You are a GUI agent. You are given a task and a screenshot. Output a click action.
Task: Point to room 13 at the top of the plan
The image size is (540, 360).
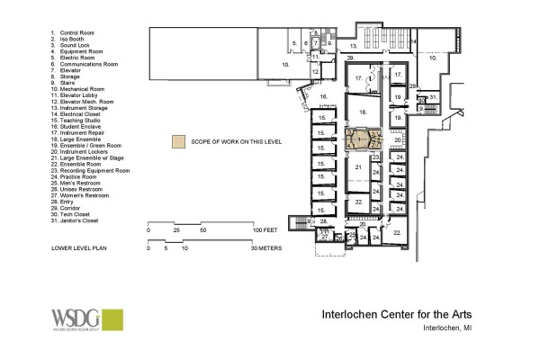pos(355,44)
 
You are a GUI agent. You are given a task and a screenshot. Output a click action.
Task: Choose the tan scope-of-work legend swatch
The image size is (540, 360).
pos(180,141)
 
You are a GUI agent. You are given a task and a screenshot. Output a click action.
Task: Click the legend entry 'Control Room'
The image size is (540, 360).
pos(76,32)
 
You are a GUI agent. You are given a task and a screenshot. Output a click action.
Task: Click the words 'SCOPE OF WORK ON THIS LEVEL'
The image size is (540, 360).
pos(236,141)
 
